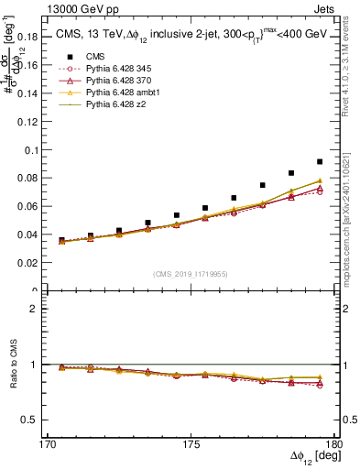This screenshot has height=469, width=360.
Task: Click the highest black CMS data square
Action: [x=320, y=161]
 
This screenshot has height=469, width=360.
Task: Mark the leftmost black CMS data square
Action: [x=61, y=240]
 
